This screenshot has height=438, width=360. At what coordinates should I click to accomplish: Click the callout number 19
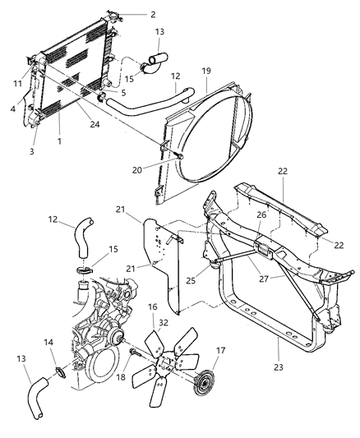point(208,71)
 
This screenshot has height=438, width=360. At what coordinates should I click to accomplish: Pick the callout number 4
point(14,108)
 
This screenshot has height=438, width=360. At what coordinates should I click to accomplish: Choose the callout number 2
point(150,14)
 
